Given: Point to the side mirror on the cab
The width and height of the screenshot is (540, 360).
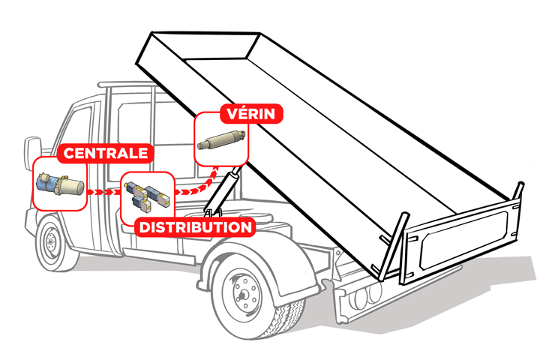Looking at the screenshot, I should tap(31, 150).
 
